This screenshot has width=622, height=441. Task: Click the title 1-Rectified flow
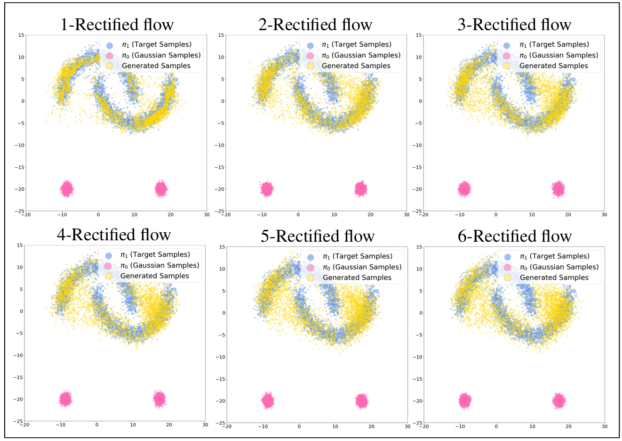[x=117, y=24]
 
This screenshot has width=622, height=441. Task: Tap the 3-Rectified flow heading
[x=514, y=24]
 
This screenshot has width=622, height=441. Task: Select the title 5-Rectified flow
[x=318, y=236]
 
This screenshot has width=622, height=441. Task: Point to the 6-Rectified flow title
[x=515, y=236]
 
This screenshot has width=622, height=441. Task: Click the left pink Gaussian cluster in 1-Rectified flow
[x=67, y=189]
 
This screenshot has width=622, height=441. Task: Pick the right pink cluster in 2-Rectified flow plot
[x=361, y=189]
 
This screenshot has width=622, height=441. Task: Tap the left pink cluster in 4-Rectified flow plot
[x=65, y=399]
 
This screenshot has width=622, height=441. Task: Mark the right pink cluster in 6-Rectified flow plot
[x=559, y=401]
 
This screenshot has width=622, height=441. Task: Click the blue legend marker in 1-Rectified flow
[x=110, y=45]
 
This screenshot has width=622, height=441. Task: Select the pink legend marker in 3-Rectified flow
[x=507, y=56]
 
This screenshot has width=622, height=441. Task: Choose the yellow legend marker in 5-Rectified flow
[x=311, y=278]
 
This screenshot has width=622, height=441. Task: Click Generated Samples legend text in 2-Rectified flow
[x=356, y=66]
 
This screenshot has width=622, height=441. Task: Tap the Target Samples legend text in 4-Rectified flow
[x=160, y=255]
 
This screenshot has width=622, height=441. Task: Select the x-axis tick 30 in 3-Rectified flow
[x=604, y=215]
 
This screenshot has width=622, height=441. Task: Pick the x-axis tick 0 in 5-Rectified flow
[x=299, y=427]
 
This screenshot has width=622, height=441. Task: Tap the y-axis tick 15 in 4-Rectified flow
[x=20, y=245]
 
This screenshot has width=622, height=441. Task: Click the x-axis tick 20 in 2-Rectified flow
[x=370, y=215]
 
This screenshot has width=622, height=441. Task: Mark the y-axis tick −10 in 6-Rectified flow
[x=417, y=357]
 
